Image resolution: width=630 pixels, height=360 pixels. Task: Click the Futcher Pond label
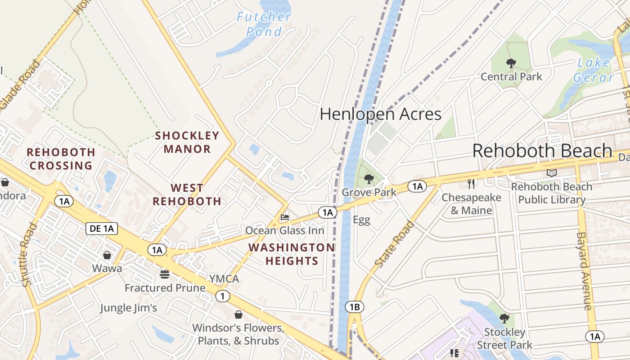click(x=264, y=24)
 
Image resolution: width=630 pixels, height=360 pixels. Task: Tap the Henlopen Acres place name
click(x=380, y=114)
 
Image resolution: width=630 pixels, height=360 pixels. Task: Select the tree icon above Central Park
click(x=511, y=63)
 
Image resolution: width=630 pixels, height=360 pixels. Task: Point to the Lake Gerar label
click(x=594, y=70)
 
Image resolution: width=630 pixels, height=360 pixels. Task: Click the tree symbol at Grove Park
click(x=369, y=179)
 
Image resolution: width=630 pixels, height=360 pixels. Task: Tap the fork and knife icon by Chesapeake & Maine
click(x=471, y=184)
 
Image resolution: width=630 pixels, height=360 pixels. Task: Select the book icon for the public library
click(x=552, y=173)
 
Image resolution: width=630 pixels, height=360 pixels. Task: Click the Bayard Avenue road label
click(x=584, y=271)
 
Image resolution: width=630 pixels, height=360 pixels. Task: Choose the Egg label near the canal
click(x=361, y=220)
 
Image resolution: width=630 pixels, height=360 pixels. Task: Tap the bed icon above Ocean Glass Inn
click(x=285, y=218)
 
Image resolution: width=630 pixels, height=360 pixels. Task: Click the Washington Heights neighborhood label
click(x=292, y=254)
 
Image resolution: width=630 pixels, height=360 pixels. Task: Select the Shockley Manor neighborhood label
click(x=187, y=142)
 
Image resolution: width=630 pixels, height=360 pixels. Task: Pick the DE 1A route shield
click(x=102, y=229)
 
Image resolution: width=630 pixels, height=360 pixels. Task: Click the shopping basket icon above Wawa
click(x=107, y=256)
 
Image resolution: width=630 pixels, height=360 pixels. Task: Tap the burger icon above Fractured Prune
click(x=165, y=274)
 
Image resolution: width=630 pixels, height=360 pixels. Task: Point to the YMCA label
click(x=224, y=279)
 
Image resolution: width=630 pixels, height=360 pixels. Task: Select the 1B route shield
click(x=354, y=307)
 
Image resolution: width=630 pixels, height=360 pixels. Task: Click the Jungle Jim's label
click(x=128, y=308)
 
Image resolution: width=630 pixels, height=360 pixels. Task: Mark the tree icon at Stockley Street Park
click(x=504, y=319)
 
